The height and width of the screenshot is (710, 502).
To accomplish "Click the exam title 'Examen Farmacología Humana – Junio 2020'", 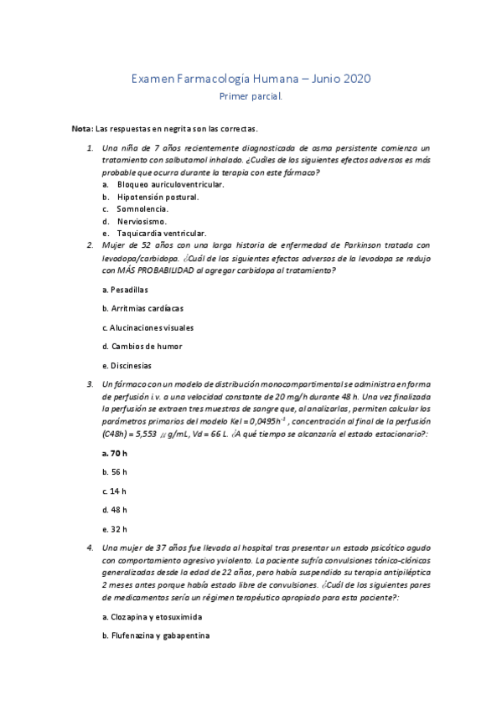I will coord(251,80).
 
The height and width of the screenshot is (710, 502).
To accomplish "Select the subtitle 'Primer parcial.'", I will coord(251,96).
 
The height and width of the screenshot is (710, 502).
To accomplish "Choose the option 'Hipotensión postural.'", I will coord(158,197).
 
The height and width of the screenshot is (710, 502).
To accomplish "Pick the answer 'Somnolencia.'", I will coord(142,208).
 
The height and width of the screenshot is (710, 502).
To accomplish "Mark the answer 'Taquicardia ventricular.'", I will coord(162,234).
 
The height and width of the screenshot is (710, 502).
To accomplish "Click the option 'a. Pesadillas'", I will coord(125,290).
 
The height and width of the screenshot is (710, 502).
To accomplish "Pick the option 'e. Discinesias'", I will coord(127,366).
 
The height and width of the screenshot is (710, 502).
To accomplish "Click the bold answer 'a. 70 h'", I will coord(114,453).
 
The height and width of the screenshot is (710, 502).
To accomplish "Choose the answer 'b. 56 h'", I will coord(114,472).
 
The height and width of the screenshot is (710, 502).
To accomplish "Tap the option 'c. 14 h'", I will coord(114,491).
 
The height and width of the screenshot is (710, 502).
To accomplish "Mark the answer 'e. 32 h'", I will coord(114,529).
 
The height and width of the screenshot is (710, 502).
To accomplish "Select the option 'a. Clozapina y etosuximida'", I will coord(151,617).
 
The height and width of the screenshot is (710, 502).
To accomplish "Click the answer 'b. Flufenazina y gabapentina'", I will coord(154,635).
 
